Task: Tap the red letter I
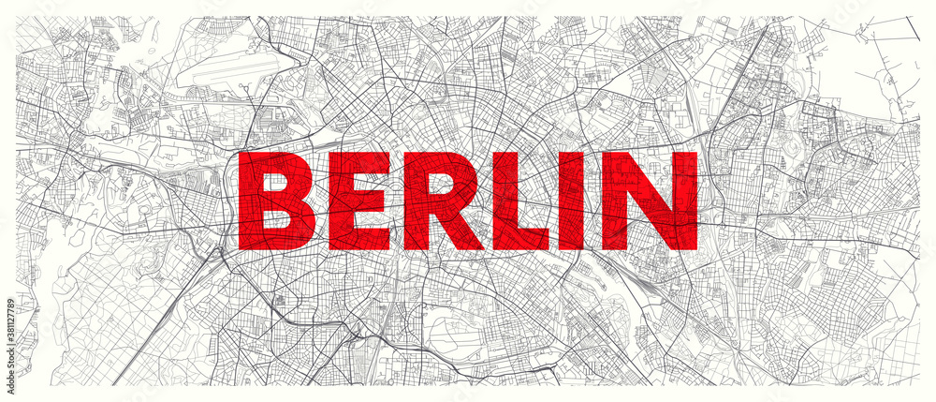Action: click(x=582, y=201)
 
